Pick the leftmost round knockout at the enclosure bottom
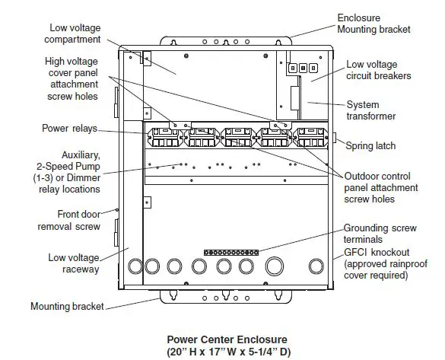(x=135, y=266)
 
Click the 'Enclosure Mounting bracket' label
(x=373, y=23)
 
